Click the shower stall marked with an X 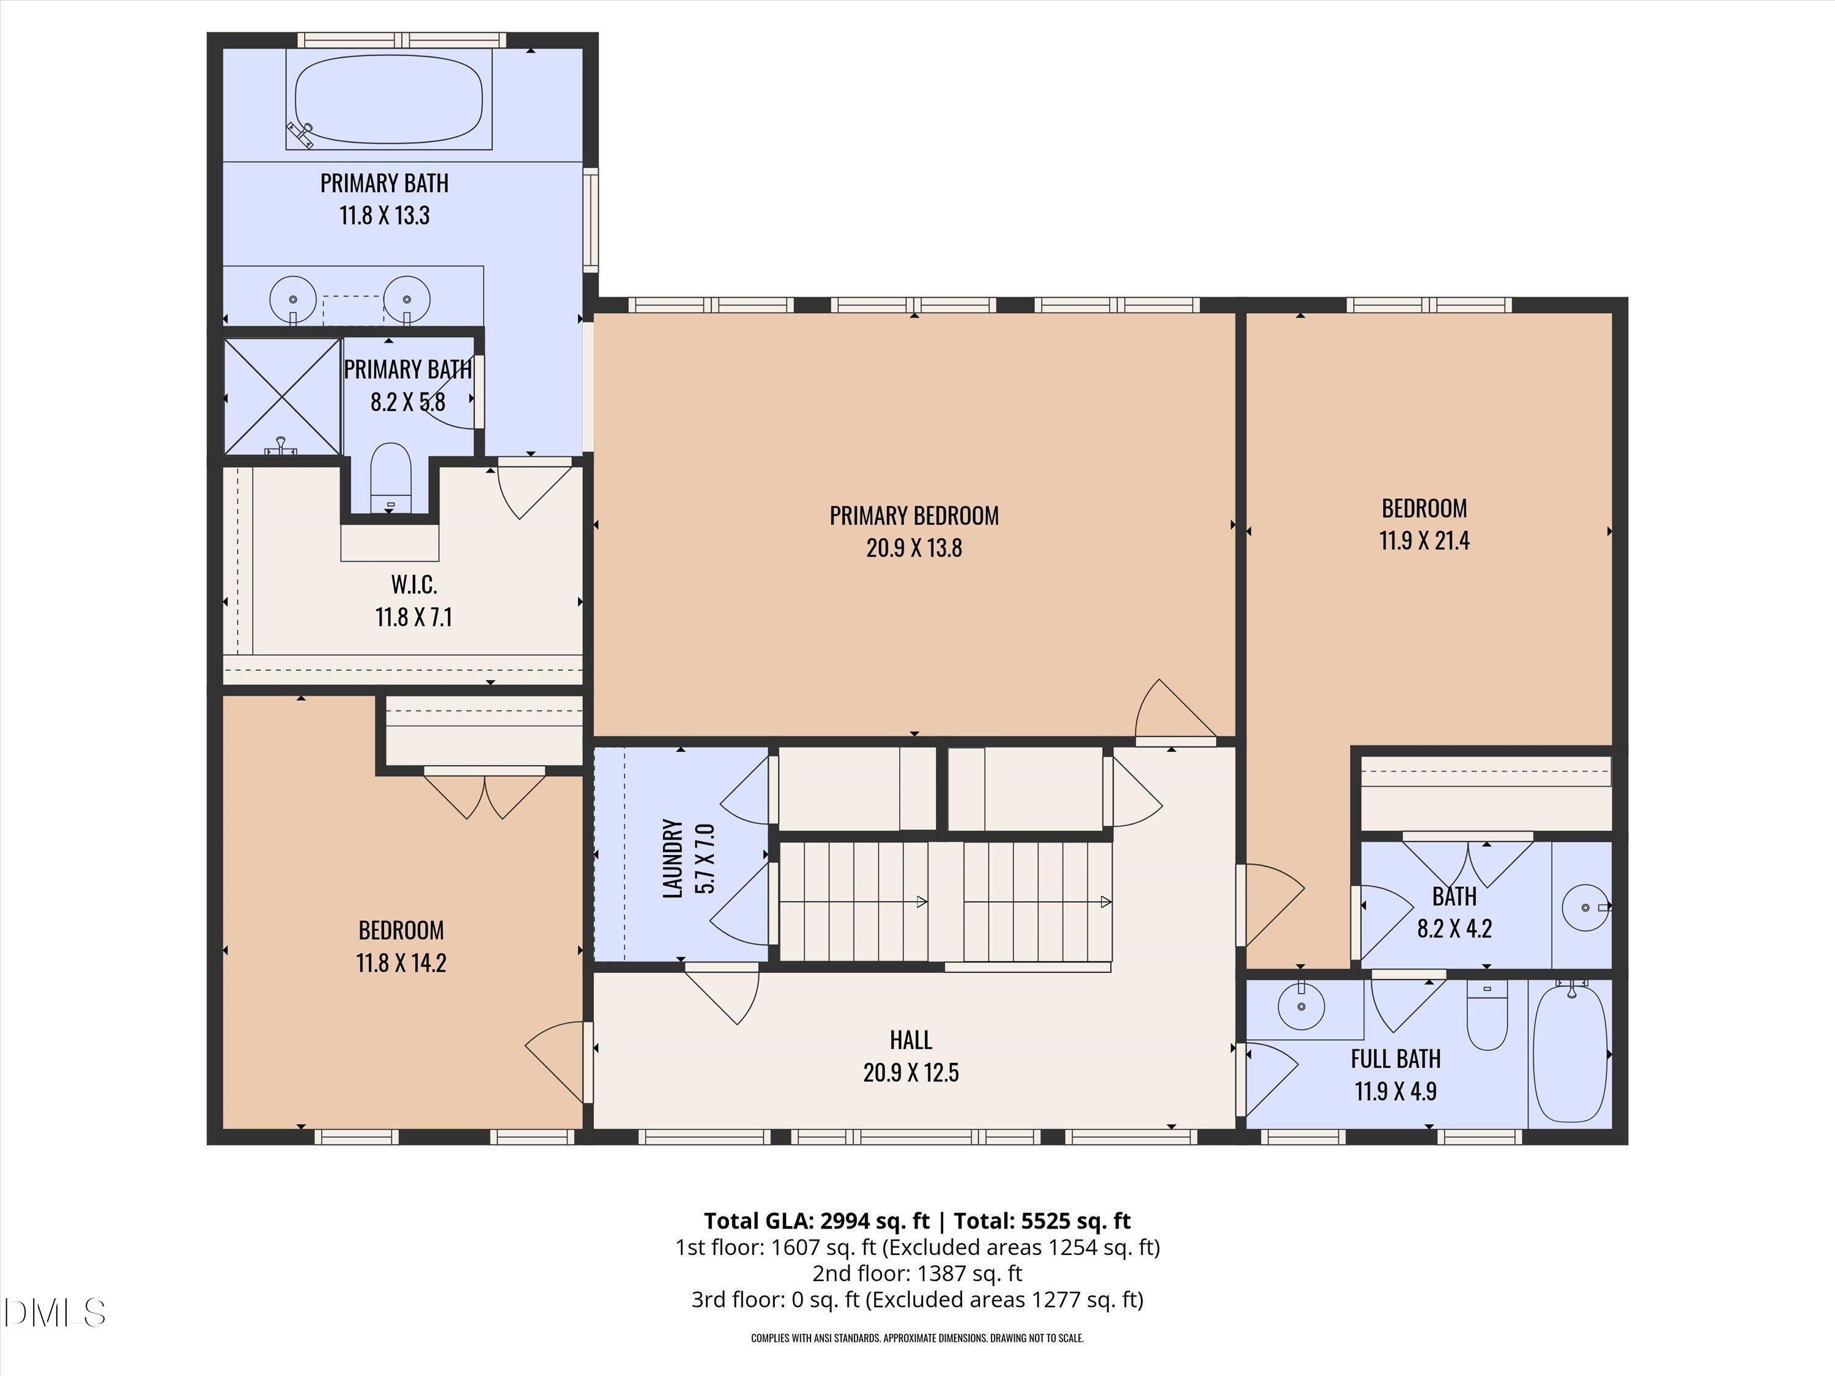[x=283, y=396]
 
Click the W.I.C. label [x=414, y=585]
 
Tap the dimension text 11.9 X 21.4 [x=1423, y=541]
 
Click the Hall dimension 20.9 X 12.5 [x=911, y=1073]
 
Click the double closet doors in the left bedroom [x=485, y=794]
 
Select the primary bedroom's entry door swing [x=1171, y=712]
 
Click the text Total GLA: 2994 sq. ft [x=817, y=1221]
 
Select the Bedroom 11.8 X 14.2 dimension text [x=401, y=963]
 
